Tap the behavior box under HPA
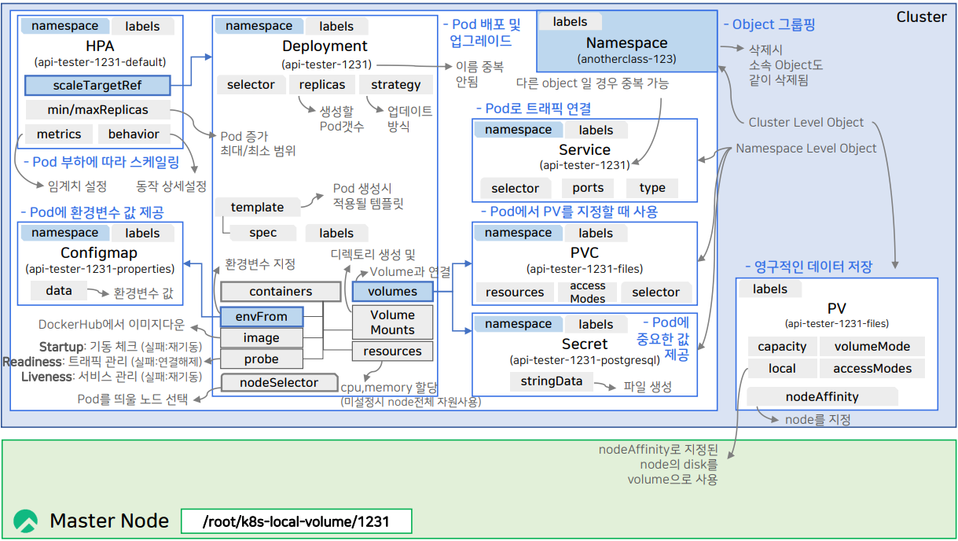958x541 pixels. (134, 134)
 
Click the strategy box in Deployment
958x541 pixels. (395, 85)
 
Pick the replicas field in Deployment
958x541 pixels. (322, 85)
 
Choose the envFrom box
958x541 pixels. (262, 317)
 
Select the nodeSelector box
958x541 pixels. (279, 383)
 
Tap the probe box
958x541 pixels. (262, 359)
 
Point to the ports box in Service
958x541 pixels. (588, 188)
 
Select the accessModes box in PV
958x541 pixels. (872, 369)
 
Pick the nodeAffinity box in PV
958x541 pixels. (822, 397)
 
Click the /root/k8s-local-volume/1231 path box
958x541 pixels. (295, 521)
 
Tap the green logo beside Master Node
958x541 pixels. (26, 521)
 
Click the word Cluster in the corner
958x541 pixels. (921, 17)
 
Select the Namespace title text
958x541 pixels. (626, 43)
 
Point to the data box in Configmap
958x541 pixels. (59, 291)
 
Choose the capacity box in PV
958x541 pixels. (782, 347)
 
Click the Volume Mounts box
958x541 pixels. (393, 322)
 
